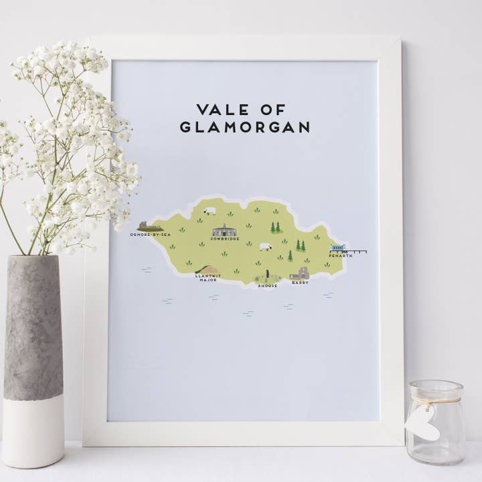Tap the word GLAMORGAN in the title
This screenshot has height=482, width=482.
point(244,127)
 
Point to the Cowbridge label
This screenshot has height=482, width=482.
point(224,239)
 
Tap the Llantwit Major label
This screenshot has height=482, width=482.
point(207,278)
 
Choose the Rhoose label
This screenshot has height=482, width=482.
point(268,286)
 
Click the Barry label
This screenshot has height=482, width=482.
point(300,283)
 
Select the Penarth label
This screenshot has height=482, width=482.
point(340,256)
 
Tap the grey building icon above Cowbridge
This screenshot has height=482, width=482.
point(224,231)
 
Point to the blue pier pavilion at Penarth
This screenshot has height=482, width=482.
point(337,248)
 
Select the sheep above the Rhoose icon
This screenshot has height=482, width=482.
point(266,246)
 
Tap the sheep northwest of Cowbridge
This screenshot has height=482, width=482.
point(210,211)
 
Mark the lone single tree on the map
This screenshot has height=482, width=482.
point(290,256)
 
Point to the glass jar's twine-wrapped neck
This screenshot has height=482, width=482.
point(435,400)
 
